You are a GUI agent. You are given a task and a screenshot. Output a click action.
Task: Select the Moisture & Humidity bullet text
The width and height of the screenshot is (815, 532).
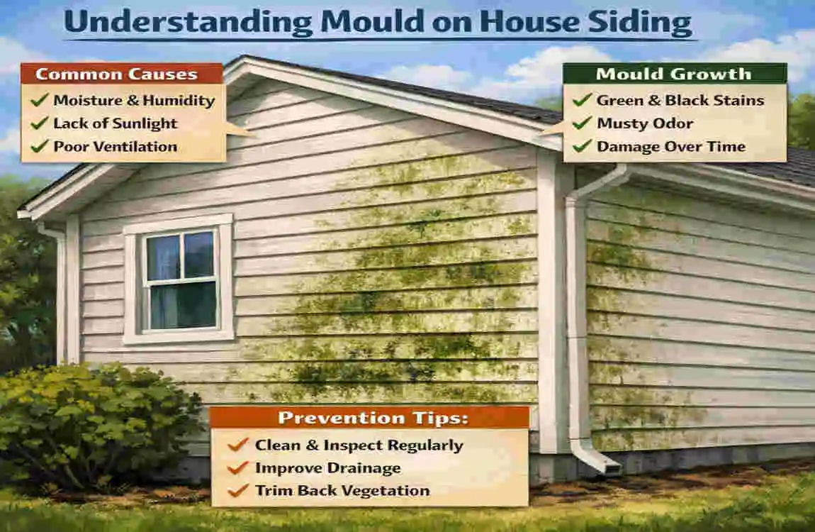click(134, 101)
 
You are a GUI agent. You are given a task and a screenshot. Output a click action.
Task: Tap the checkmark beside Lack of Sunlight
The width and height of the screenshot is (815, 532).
click(39, 123)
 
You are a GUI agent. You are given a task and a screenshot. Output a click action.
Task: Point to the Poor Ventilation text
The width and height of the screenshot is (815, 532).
click(115, 147)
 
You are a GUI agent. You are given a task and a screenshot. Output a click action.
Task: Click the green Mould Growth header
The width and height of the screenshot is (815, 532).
click(674, 74)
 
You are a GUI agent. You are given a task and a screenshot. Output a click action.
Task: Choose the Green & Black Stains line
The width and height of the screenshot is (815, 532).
click(680, 101)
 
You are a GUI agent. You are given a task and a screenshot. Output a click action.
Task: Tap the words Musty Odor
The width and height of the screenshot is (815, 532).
click(645, 123)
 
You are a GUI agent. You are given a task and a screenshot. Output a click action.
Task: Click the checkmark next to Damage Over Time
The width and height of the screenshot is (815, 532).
click(582, 147)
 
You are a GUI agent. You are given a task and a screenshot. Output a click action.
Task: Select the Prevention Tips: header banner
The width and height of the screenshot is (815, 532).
click(369, 417)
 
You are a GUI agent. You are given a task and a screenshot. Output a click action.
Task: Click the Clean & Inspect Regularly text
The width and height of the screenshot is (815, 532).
click(359, 445)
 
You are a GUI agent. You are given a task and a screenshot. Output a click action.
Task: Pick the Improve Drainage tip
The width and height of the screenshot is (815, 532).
click(327, 468)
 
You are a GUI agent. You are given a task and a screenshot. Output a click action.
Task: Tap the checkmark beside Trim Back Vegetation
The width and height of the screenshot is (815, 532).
click(238, 490)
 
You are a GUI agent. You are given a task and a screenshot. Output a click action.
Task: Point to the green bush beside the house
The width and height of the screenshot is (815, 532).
click(92, 426)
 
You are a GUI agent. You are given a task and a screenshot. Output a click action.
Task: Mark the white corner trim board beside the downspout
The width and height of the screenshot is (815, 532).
click(550, 305)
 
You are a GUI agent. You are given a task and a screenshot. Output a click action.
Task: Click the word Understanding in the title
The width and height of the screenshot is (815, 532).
click(188, 23)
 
